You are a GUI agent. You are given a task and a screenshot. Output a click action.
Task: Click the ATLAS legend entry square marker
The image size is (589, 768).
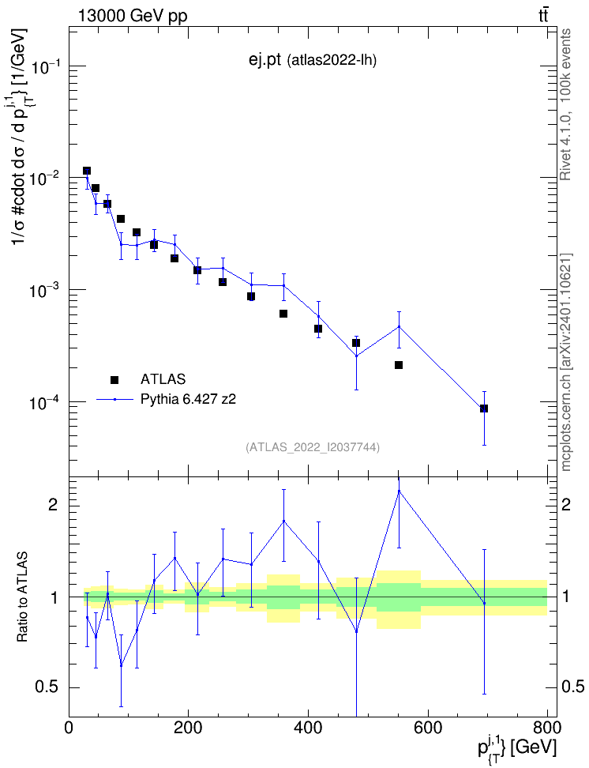(x=114, y=379)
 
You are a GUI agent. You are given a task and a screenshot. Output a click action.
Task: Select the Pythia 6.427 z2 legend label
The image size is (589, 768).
(x=189, y=399)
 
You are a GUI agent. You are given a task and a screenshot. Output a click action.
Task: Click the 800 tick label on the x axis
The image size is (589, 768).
(x=547, y=728)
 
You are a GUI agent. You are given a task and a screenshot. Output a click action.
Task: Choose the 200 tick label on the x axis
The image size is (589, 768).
(x=189, y=728)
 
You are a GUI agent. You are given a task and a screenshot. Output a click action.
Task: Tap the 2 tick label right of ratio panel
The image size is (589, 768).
(x=566, y=504)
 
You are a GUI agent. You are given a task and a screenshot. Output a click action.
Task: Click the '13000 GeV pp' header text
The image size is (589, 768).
(x=133, y=17)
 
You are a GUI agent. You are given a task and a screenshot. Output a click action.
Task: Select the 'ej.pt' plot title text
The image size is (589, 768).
(x=264, y=60)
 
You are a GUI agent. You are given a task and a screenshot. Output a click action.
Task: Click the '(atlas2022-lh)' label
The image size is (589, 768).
(x=332, y=60)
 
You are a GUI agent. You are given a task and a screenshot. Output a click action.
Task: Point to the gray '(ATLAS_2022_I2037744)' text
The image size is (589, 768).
(x=313, y=446)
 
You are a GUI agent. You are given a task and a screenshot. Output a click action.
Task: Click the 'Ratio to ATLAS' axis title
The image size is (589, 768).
(x=23, y=597)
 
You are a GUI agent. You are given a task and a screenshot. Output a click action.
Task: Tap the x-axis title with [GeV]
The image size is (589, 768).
(x=517, y=747)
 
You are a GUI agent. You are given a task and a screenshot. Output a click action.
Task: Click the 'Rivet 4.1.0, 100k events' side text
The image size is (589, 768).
(x=565, y=105)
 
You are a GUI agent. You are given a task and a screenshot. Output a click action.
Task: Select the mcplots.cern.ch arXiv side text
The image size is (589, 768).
(x=566, y=362)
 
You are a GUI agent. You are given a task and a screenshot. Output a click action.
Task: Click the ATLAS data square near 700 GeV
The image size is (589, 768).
(x=484, y=408)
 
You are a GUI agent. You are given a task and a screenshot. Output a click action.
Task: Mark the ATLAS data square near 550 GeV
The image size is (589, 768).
(x=399, y=365)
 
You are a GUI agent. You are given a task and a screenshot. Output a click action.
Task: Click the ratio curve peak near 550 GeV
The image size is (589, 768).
(x=399, y=491)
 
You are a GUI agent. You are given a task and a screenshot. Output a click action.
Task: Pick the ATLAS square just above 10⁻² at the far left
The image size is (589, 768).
(x=87, y=171)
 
